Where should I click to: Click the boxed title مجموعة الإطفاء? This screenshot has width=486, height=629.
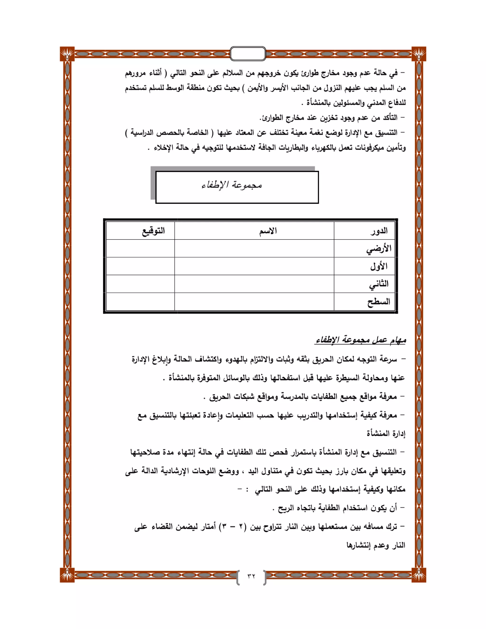pos(232,185)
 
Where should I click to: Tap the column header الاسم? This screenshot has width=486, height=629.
pos(268,231)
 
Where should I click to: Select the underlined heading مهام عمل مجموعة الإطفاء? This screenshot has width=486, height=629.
pos(360,340)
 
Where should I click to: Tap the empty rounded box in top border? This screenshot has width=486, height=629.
pos(248,54)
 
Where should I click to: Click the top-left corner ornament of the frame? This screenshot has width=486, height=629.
pos(67,54)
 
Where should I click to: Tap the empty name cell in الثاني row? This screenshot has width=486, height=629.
pos(254,284)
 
